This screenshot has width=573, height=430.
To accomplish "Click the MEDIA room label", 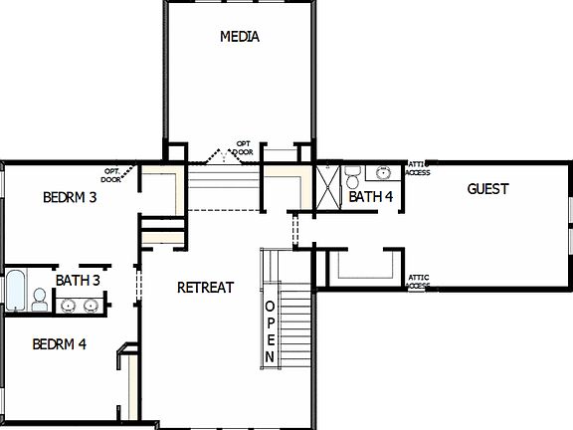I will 239,37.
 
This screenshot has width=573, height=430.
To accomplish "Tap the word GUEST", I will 487,188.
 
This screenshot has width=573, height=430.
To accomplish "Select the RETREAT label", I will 205,288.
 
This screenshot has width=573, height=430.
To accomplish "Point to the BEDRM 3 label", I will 70,197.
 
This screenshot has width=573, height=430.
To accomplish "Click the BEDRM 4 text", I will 60,345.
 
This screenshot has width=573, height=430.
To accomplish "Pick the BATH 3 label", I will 78,281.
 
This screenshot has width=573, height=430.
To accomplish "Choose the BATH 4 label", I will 371,197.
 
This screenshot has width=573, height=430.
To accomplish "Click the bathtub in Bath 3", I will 15,289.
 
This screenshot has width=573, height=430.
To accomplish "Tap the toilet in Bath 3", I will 40,299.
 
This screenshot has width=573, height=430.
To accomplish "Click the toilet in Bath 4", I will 352,177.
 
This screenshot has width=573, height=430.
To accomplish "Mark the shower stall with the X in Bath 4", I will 328,185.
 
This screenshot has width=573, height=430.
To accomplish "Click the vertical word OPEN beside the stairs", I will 269,329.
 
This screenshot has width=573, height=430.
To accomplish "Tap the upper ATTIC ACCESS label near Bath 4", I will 418,168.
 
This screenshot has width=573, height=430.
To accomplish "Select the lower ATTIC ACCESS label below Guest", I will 418,282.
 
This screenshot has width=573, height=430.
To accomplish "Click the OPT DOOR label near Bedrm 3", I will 111,175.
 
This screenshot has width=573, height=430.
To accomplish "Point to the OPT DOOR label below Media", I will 244,147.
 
